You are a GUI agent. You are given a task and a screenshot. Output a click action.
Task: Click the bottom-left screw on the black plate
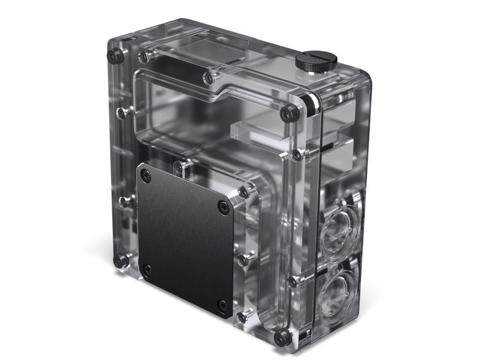coord(146,269)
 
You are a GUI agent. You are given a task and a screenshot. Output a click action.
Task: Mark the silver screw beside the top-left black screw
coord(143,58)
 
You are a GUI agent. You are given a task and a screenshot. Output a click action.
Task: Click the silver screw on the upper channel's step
coord(208,77)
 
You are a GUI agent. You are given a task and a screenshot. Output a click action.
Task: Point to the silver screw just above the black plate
coord(179,164)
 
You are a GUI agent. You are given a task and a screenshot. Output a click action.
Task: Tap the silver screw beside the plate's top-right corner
coord(244,191)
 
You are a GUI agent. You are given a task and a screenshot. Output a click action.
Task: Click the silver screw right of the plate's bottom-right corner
coord(242,316)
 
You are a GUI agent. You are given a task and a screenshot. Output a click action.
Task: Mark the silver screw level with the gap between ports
coord(292,281)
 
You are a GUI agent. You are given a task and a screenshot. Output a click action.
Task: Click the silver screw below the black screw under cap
coord(296,155)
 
